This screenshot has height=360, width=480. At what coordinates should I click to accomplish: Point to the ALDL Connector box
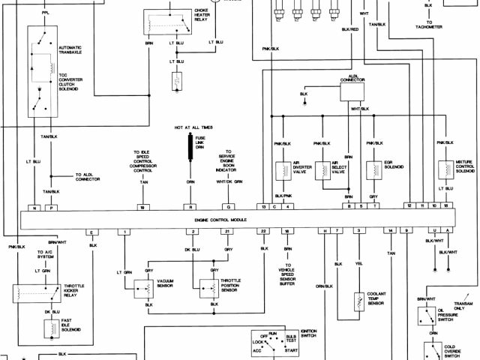pos(352,89)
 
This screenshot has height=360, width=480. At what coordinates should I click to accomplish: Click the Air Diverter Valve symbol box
pos(283,170)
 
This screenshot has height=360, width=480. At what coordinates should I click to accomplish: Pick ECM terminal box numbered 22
pos(263,232)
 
